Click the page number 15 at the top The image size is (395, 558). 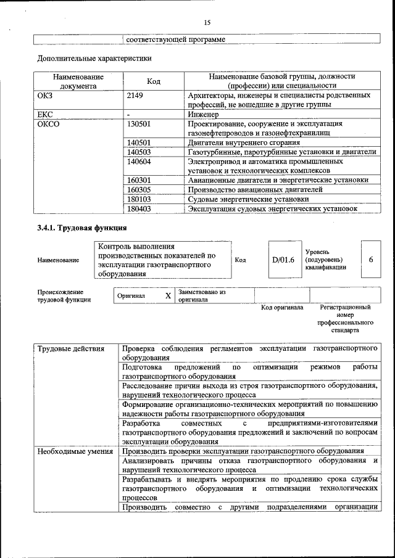207,23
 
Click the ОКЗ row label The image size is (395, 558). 46,96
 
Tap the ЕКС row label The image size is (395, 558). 46,114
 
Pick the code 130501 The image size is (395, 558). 139,123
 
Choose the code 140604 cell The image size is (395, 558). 139,161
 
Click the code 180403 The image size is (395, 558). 139,209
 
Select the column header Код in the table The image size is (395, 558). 154,81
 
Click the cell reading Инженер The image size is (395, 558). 204,114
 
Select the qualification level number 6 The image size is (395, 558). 371,260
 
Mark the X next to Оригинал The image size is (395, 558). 168,296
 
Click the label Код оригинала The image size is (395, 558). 282,307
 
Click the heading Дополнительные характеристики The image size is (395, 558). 94,59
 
